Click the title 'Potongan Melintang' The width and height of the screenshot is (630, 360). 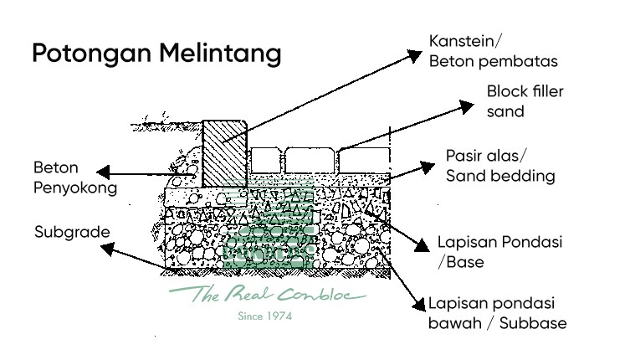click(x=156, y=54)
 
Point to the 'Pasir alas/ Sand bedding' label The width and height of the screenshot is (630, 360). click(x=499, y=166)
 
